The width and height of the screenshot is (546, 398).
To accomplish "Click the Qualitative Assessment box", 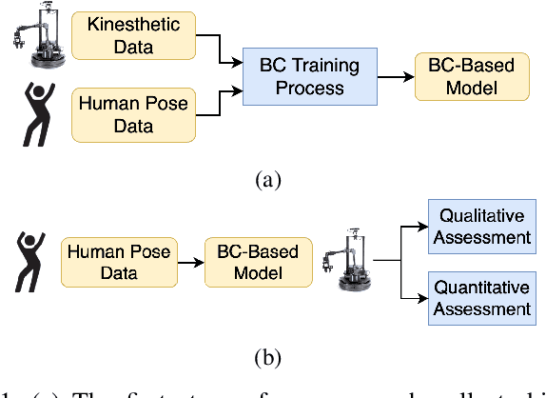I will (480, 227).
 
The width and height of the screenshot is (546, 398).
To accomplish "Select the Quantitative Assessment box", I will (480, 297).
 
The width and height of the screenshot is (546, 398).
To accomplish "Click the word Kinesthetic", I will (117, 22).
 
